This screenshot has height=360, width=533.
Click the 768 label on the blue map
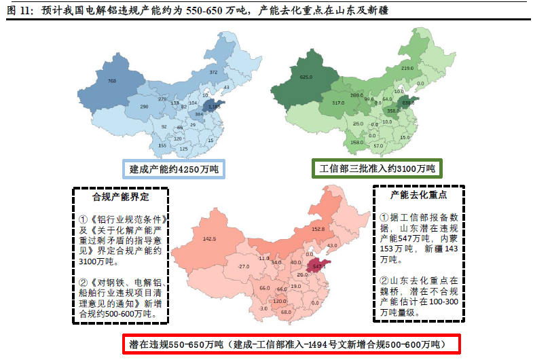tap(112, 82)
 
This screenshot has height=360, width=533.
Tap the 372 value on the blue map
tap(213, 72)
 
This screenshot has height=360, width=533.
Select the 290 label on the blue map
tap(144, 107)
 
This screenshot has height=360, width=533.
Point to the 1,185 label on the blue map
tap(214, 107)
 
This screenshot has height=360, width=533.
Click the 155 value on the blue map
tap(162, 145)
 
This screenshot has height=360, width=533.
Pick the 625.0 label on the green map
tap(306, 77)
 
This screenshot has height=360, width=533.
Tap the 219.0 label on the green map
tap(407, 69)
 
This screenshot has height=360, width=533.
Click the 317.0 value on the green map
tap(338, 103)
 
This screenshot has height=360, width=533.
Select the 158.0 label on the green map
tap(356, 143)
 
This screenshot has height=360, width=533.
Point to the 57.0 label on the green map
tap(378, 145)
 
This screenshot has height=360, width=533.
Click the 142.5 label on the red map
tap(210, 239)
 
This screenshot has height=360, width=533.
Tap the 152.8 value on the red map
tap(318, 230)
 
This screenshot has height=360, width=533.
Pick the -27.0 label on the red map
tap(244, 266)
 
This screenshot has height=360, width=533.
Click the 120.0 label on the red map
tap(280, 301)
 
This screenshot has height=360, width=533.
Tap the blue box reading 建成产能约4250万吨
tap(173, 168)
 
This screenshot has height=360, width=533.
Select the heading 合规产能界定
tap(120, 197)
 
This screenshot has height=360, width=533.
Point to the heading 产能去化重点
tap(419, 194)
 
